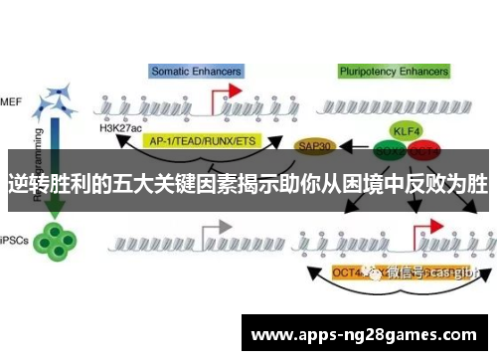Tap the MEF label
[11, 100]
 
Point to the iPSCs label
[14, 240]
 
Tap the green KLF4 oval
[405, 130]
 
